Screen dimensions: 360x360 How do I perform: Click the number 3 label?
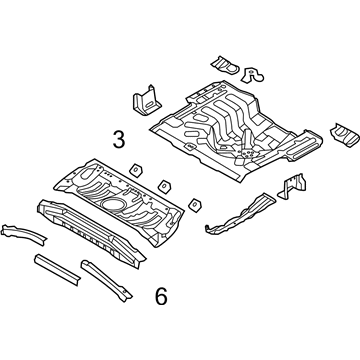(119, 140)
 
